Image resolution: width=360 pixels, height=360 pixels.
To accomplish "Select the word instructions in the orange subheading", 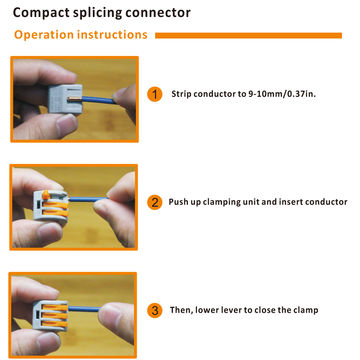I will (x=118, y=35).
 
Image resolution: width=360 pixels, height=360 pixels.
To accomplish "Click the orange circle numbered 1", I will (x=154, y=95).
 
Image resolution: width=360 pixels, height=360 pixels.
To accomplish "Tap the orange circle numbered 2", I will (x=154, y=202).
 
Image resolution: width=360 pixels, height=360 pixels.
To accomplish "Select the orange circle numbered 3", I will (x=154, y=309).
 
